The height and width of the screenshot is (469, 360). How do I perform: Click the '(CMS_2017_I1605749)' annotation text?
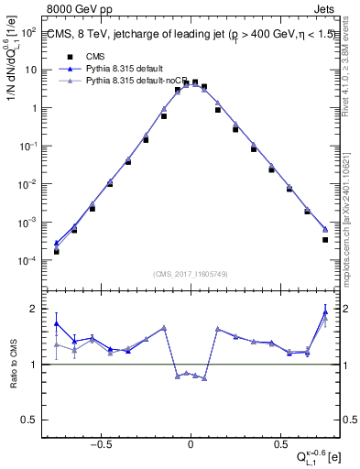pyautogui.click(x=191, y=274)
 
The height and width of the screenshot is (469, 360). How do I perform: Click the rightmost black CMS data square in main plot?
pyautogui.click(x=325, y=240)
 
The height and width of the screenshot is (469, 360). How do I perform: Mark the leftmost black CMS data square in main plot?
pyautogui.click(x=57, y=251)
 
